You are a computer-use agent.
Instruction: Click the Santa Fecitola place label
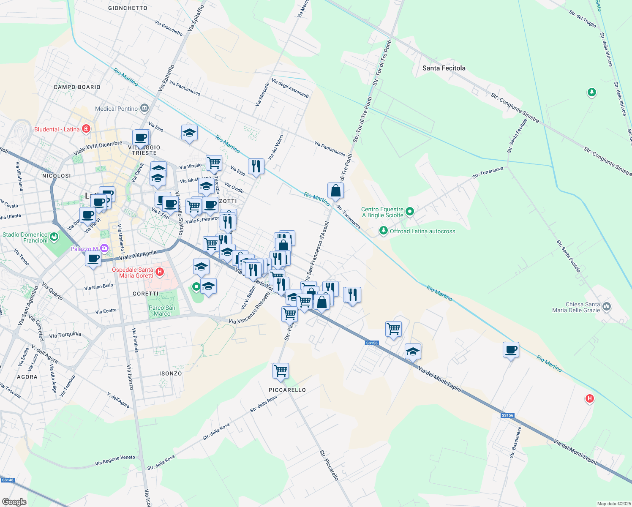[x=444, y=68]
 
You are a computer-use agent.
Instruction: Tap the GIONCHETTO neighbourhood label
[x=128, y=8]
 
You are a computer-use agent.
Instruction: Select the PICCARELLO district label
[x=287, y=390]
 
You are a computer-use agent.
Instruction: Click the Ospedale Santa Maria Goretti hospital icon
[x=160, y=272]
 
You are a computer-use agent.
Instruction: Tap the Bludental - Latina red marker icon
[x=86, y=128]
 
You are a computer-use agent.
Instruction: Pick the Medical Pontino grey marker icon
[x=144, y=108]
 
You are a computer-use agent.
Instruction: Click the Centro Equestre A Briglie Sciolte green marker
[x=409, y=212]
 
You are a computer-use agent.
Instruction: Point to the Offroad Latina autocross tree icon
[x=383, y=231]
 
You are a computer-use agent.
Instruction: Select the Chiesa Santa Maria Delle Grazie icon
[x=607, y=306]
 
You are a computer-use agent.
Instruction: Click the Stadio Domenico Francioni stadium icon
[x=54, y=237]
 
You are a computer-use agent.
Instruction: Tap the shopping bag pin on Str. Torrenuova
[x=335, y=191]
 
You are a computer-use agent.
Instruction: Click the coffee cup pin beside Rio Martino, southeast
[x=511, y=350]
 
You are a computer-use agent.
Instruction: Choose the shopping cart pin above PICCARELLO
[x=281, y=371]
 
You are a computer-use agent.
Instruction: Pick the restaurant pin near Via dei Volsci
[x=256, y=166]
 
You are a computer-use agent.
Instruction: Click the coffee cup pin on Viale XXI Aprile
[x=93, y=258]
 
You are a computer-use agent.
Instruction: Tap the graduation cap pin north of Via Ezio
[x=189, y=133]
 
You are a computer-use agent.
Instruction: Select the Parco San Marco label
[x=162, y=311]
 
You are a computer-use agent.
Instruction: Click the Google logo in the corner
[x=14, y=502]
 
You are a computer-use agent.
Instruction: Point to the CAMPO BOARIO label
[x=77, y=87]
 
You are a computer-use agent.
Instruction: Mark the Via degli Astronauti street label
[x=290, y=88]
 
